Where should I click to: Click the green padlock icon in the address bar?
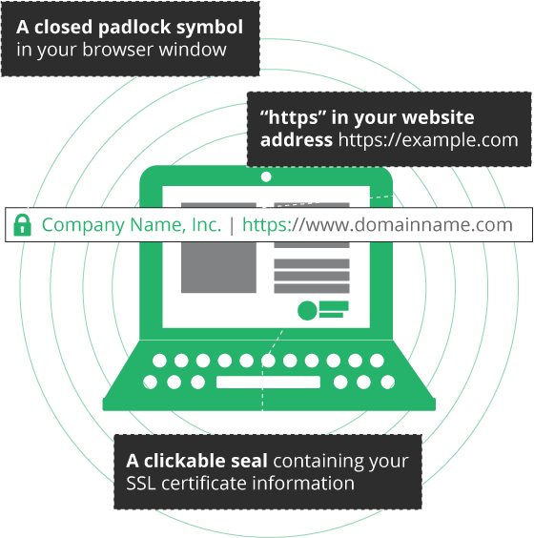click(x=22, y=225)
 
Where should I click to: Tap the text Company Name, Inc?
click(x=131, y=225)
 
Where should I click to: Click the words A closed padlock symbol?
click(x=129, y=27)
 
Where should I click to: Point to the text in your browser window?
click(x=121, y=50)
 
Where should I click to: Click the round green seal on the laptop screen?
click(x=307, y=310)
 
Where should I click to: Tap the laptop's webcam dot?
click(x=266, y=176)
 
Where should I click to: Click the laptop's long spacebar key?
click(x=268, y=383)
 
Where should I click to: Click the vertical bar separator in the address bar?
click(x=232, y=225)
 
